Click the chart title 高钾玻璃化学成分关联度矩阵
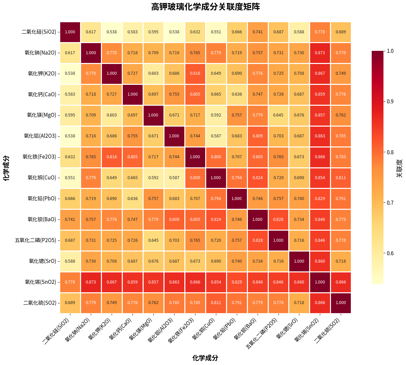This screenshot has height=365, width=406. [205, 7]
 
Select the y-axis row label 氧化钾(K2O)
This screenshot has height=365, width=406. [42, 73]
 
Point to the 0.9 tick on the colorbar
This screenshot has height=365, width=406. [390, 101]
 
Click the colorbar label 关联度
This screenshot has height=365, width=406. [399, 168]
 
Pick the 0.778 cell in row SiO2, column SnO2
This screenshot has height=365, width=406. [320, 32]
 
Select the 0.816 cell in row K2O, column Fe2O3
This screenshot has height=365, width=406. [195, 73]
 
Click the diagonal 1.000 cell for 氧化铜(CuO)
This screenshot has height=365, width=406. [216, 178]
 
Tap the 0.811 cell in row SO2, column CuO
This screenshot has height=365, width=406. [216, 303]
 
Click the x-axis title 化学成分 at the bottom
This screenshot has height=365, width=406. [205, 358]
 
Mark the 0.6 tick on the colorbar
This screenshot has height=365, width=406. [390, 253]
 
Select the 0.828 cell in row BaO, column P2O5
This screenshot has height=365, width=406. [278, 220]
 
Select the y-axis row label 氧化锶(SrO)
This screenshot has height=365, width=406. [42, 261]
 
